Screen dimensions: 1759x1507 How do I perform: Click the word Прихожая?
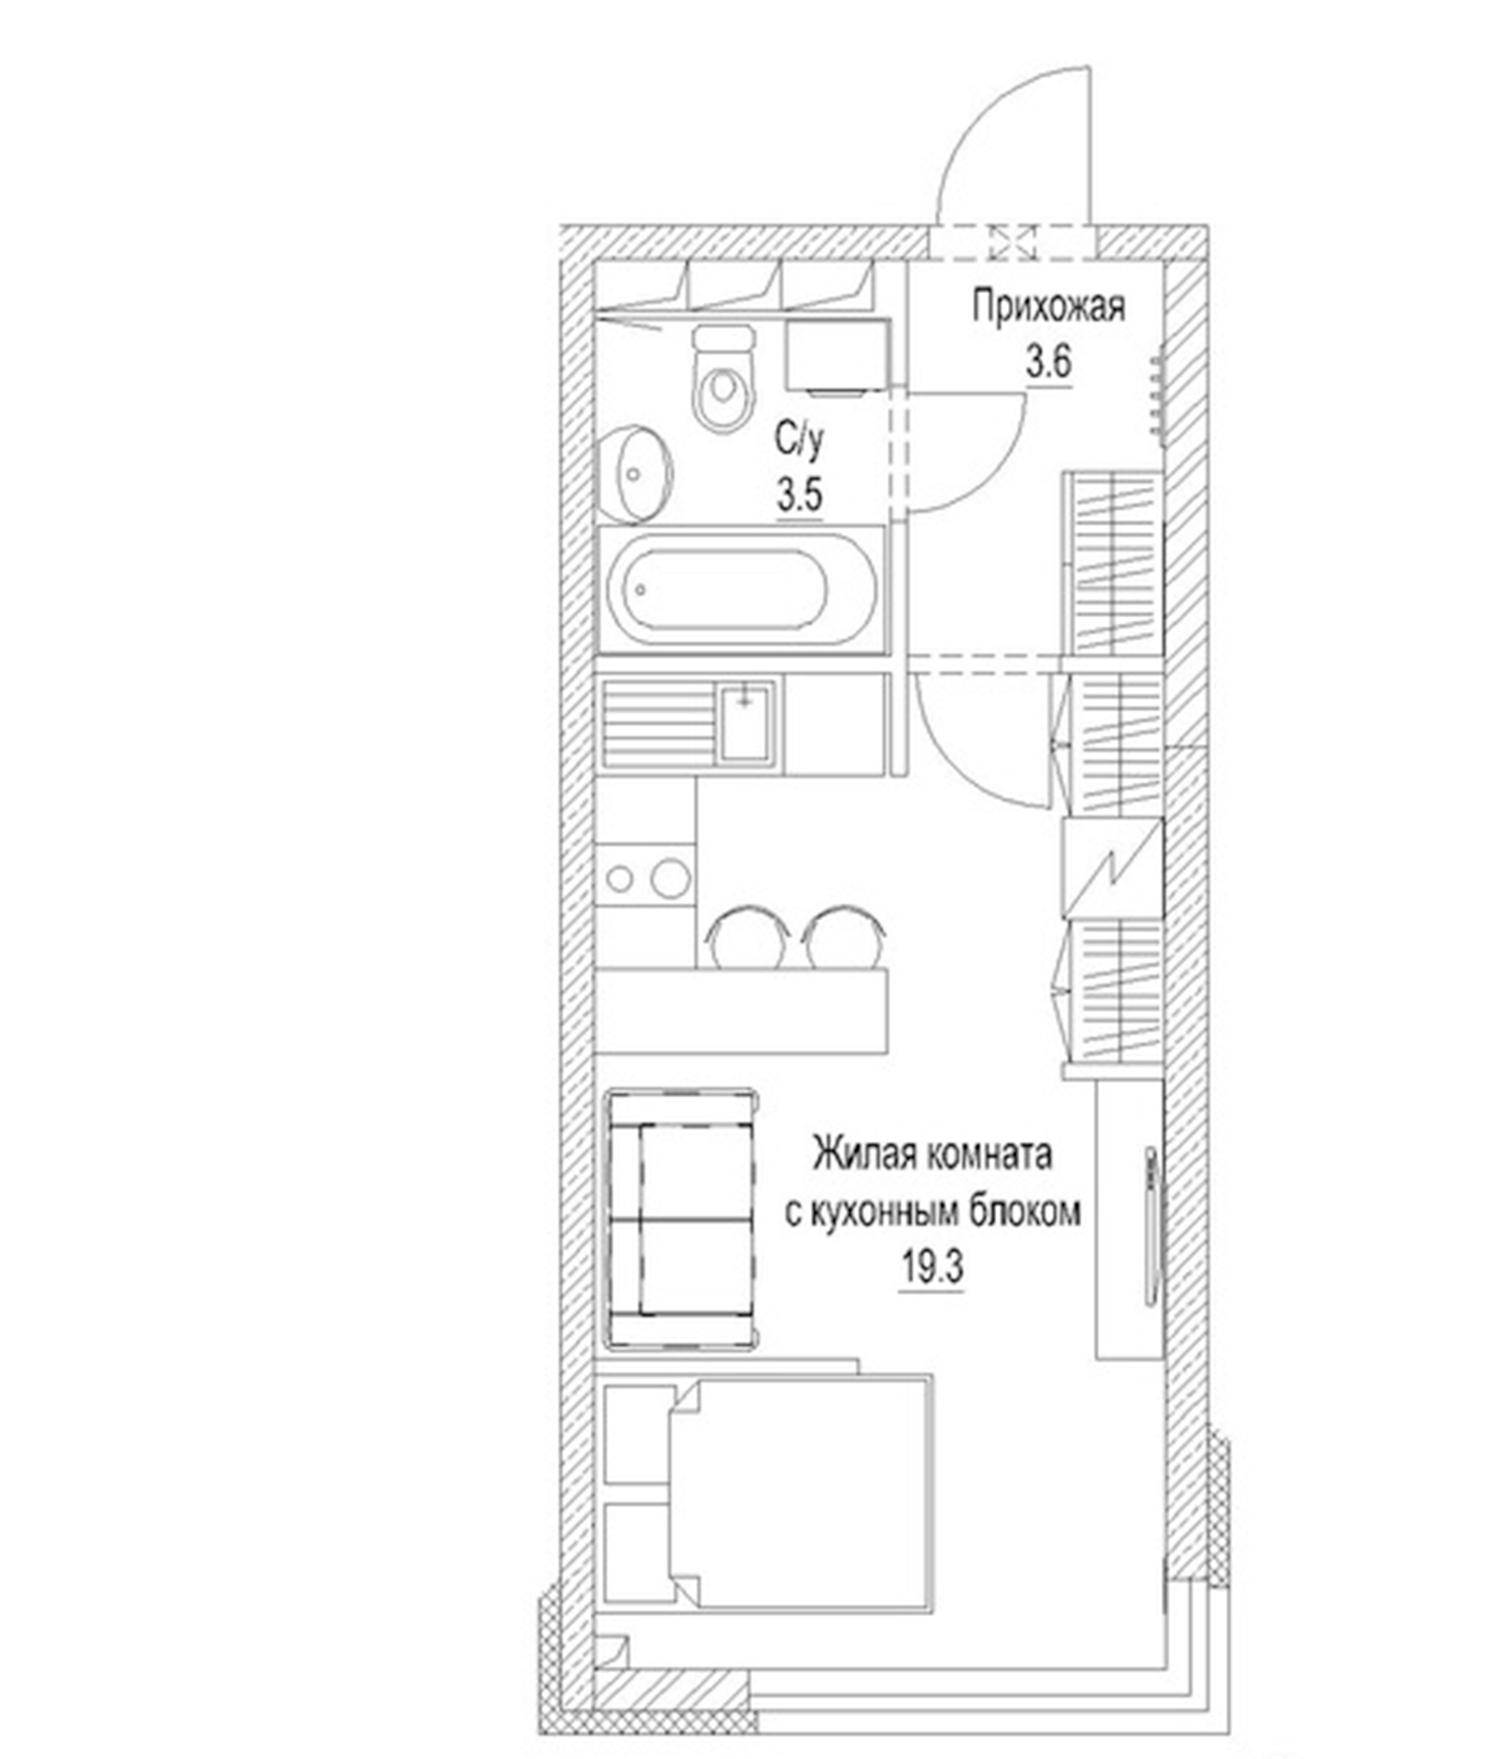coord(1048,307)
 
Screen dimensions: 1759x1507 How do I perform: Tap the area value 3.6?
coord(1049,364)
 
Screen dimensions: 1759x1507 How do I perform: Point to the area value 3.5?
coord(800,495)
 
